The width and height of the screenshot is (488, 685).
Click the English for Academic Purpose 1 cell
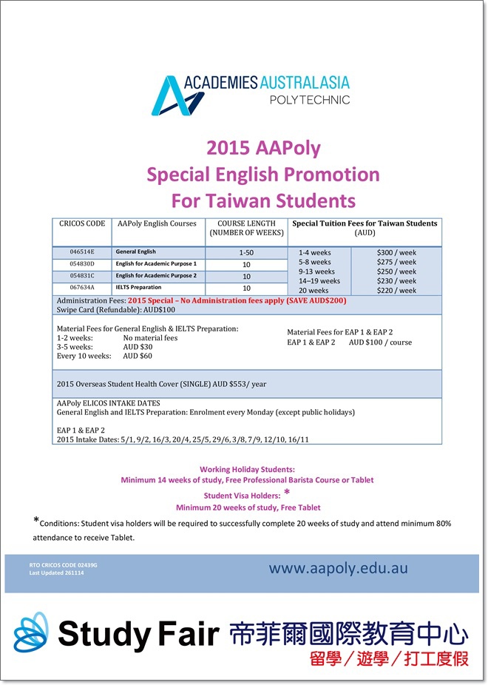(x=156, y=264)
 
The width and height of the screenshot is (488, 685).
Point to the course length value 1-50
(x=246, y=253)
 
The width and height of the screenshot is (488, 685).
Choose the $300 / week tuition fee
(x=396, y=253)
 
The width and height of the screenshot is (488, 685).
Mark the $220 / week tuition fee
(x=396, y=291)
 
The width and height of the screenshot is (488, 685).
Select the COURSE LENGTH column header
(x=246, y=228)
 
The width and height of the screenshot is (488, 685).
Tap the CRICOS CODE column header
(x=82, y=223)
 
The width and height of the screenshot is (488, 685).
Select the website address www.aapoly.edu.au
(x=338, y=568)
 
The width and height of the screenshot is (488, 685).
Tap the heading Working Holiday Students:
(x=247, y=469)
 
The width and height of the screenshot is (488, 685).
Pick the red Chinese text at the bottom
(x=389, y=658)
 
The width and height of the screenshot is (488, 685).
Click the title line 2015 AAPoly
(x=263, y=148)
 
